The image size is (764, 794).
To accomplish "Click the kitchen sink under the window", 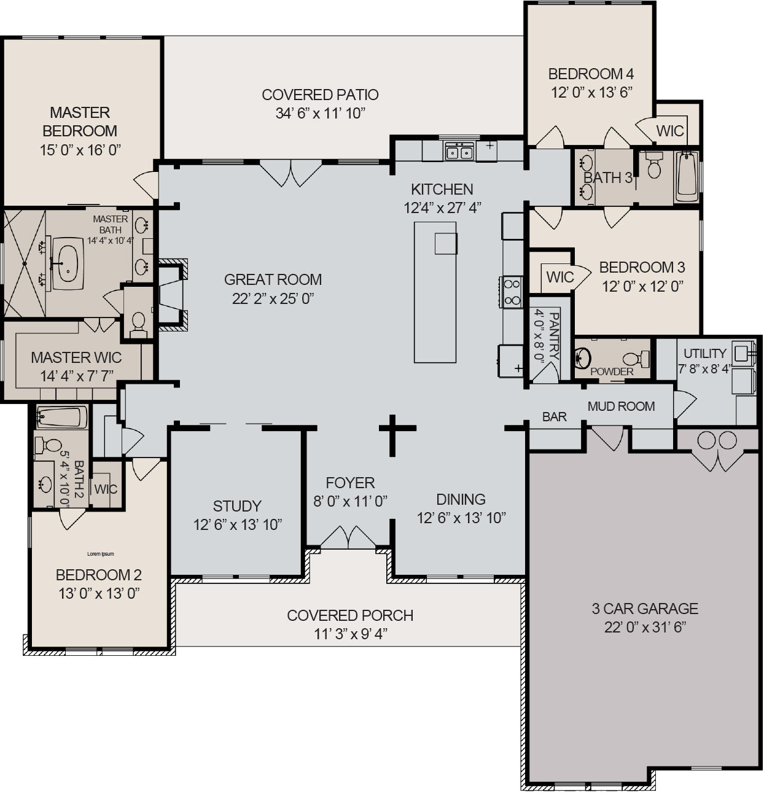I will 459,150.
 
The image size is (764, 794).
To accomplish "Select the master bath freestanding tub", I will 66,263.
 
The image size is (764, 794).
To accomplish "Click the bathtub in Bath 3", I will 687,177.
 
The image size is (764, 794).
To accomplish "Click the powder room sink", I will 583,357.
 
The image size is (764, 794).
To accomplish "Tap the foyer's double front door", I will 349,537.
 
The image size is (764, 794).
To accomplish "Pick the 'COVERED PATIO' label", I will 320,95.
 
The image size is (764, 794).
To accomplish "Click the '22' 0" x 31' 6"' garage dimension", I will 645,627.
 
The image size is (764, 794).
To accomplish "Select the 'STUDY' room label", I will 237,506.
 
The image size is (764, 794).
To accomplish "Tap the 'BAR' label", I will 554,416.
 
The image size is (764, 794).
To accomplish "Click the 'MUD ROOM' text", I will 621,406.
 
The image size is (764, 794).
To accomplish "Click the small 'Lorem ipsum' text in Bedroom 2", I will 101,554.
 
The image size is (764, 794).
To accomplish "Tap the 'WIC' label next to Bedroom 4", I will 670,131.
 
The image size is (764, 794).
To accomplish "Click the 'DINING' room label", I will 461,499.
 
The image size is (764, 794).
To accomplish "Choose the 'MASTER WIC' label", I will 76,357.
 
